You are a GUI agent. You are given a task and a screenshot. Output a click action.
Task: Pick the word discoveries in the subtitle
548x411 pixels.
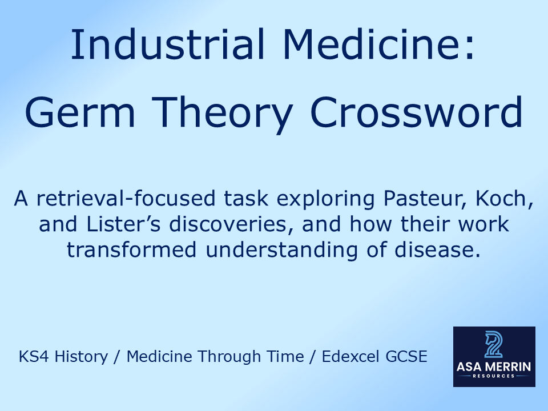(227, 224)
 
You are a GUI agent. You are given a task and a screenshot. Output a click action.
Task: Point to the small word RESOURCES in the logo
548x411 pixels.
(494, 376)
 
